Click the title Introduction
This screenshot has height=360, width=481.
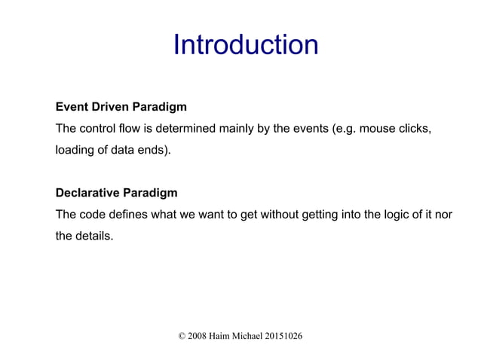[x=245, y=45]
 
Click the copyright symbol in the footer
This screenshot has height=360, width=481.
[x=182, y=334]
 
